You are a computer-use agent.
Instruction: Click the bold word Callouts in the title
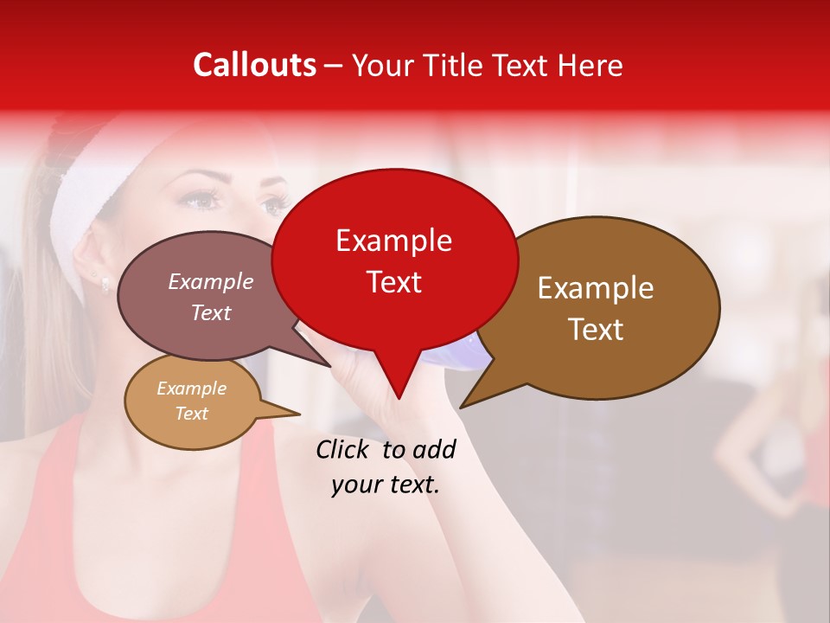pos(254,65)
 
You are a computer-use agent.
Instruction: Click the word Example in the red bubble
pos(393,241)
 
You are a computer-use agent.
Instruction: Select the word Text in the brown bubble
pos(596,329)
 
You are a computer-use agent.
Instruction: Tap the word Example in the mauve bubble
pos(211,282)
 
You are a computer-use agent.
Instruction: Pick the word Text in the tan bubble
pos(191,414)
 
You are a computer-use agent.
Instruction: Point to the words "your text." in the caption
pos(386,485)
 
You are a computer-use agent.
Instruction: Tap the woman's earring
pos(105,282)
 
